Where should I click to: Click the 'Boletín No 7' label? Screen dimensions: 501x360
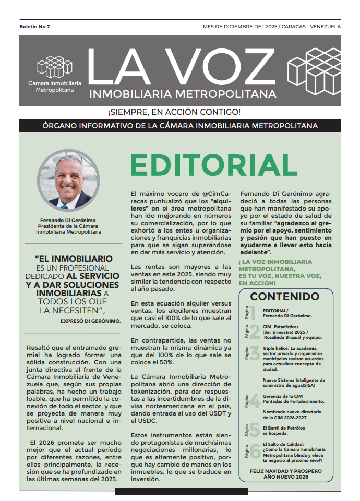pyautogui.click(x=35, y=26)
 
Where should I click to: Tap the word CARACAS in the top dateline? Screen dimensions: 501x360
pyautogui.click(x=295, y=26)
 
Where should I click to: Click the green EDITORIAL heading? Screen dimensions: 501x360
pyautogui.click(x=213, y=165)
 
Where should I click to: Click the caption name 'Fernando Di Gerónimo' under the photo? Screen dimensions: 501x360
pyautogui.click(x=68, y=221)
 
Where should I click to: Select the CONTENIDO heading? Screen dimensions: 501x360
pyautogui.click(x=284, y=297)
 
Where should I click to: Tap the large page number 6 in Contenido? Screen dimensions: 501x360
pyautogui.click(x=255, y=451)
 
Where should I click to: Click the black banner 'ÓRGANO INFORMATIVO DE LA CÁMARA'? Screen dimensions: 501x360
pyautogui.click(x=180, y=126)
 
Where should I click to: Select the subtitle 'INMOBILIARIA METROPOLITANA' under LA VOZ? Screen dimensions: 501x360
pyautogui.click(x=183, y=94)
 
